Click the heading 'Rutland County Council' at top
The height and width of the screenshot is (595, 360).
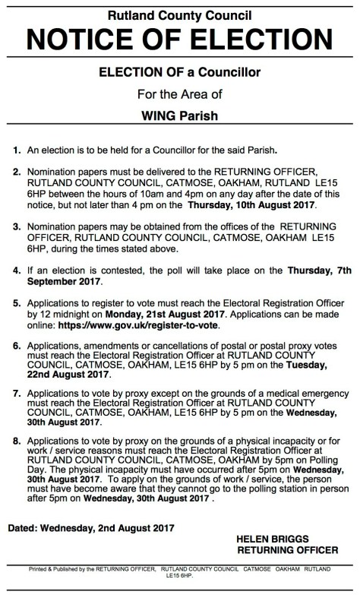(180, 12)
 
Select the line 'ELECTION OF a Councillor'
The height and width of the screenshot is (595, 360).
(180, 72)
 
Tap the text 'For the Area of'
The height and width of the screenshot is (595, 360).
(180, 96)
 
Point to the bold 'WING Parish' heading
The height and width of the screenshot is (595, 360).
(180, 119)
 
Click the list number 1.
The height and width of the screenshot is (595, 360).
(17, 151)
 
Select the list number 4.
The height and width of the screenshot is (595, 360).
(17, 269)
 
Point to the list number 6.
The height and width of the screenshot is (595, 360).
(17, 347)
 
